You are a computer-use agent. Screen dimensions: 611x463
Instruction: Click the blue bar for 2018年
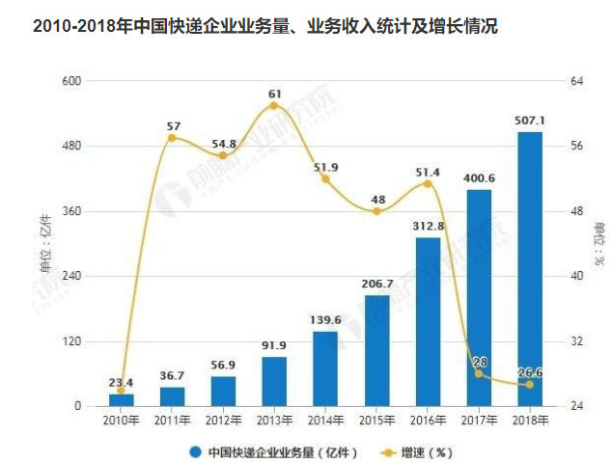click(x=530, y=269)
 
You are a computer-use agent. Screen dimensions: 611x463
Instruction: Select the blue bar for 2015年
click(x=376, y=351)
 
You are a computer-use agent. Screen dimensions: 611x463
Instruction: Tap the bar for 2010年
click(x=122, y=400)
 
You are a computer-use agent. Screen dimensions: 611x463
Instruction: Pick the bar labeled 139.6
click(x=325, y=369)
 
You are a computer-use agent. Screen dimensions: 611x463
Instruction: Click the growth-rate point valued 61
click(x=274, y=106)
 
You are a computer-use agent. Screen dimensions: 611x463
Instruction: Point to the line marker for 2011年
click(x=172, y=138)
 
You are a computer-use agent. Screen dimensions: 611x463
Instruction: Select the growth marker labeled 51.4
click(x=428, y=184)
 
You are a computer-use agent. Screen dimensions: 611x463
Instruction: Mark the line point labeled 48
click(x=376, y=211)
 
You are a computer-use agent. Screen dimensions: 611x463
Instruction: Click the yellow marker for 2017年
click(x=479, y=374)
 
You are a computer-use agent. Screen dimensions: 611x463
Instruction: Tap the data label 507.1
click(x=530, y=121)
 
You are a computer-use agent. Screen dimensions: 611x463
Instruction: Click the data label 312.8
click(x=429, y=226)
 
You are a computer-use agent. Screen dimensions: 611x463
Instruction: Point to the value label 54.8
click(x=224, y=144)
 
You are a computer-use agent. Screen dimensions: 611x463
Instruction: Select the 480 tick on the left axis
click(x=71, y=146)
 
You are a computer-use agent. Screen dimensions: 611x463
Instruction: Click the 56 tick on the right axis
click(x=577, y=146)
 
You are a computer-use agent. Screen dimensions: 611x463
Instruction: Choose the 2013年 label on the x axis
click(x=274, y=421)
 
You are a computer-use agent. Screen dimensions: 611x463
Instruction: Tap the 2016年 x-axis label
click(x=428, y=421)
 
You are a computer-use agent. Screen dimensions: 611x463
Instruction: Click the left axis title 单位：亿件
click(x=46, y=244)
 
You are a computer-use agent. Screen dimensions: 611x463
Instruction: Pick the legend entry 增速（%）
click(x=417, y=452)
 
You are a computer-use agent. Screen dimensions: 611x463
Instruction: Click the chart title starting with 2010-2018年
click(x=265, y=27)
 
